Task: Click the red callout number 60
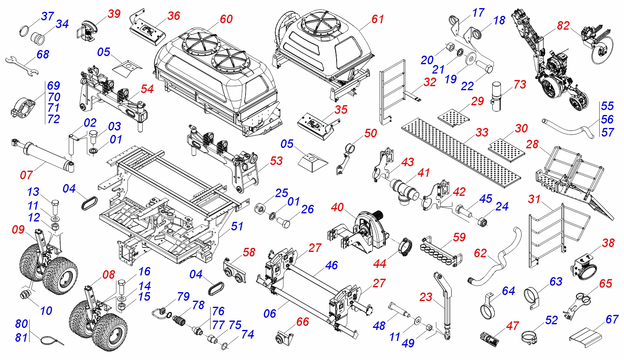(x=226, y=19)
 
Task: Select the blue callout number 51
(x=237, y=226)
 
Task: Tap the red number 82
(x=563, y=26)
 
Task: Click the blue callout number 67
(x=612, y=319)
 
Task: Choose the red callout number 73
(x=520, y=85)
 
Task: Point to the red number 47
(x=512, y=326)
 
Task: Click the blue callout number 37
(x=48, y=16)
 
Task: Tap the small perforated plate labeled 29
(x=454, y=116)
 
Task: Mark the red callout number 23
(x=426, y=297)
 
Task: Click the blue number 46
(x=331, y=265)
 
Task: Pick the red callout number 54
(x=147, y=89)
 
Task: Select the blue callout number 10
(x=46, y=311)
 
